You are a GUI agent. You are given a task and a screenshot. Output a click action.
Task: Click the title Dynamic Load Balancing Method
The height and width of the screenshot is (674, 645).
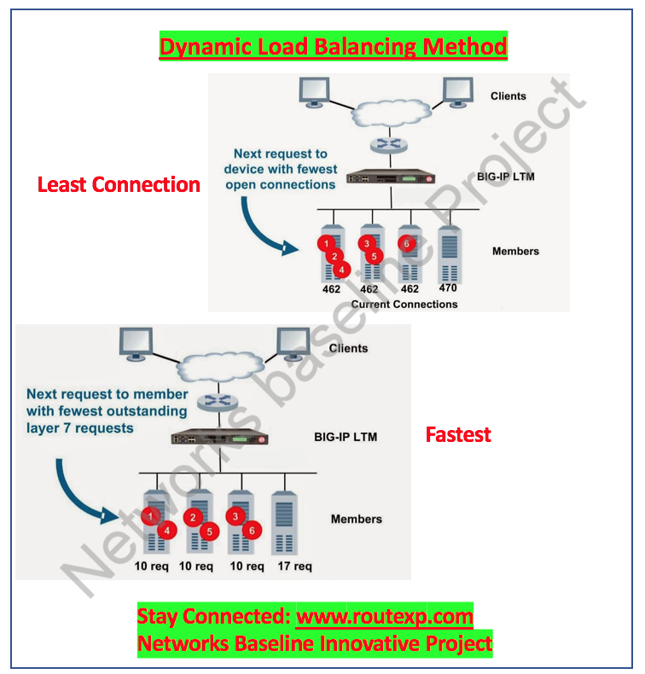tap(333, 46)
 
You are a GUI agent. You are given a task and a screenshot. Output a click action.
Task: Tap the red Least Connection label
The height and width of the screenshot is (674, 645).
tap(119, 184)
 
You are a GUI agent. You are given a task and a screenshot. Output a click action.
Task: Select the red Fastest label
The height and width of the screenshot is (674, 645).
tap(458, 434)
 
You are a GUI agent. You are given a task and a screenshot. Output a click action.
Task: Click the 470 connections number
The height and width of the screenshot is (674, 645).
tap(448, 288)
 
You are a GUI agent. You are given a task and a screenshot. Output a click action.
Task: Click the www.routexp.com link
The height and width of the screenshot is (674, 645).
tap(384, 616)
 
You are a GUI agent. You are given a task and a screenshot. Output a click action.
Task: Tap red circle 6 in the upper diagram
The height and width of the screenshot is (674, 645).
tap(407, 243)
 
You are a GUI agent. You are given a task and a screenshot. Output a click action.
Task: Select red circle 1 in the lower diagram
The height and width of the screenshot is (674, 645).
tap(150, 515)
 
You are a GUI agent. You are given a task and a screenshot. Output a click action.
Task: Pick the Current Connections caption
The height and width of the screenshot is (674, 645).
tap(404, 304)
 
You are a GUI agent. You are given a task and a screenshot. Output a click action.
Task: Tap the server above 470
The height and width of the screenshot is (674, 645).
tap(448, 253)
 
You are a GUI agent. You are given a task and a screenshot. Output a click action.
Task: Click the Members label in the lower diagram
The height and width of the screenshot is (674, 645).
tap(356, 519)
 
